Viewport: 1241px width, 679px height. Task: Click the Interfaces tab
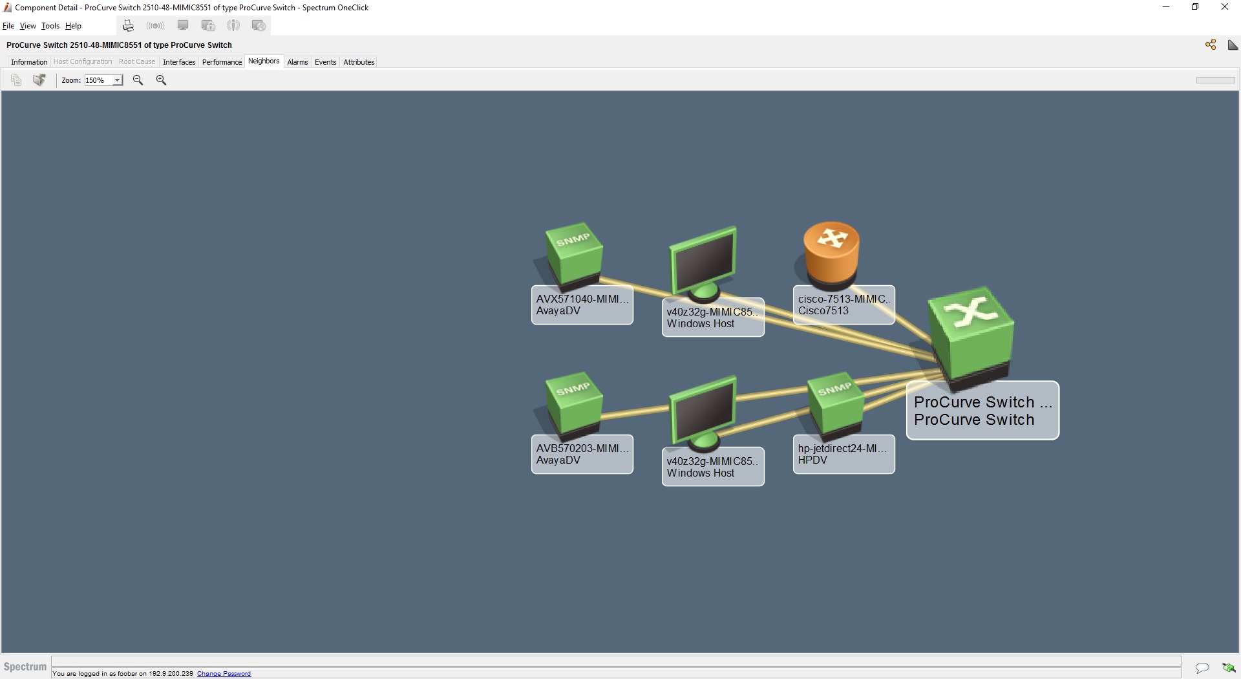[x=179, y=62]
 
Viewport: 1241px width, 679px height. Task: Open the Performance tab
[x=222, y=62]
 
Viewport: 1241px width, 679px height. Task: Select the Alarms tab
[x=297, y=62]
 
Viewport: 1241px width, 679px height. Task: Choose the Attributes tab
[x=359, y=62]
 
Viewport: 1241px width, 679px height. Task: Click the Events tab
[x=325, y=62]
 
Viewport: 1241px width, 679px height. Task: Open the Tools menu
[x=50, y=26]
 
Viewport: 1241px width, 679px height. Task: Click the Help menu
[x=73, y=26]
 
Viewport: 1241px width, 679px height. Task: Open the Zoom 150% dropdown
[x=117, y=80]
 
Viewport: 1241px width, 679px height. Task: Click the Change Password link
[x=224, y=674]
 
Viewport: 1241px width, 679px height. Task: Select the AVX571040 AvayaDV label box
[x=582, y=305]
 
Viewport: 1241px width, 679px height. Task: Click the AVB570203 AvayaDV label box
[x=582, y=454]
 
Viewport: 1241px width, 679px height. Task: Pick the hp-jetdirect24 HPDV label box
[x=843, y=454]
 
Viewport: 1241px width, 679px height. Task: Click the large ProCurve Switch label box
[x=982, y=411]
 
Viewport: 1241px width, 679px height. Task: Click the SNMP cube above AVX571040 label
[x=574, y=255]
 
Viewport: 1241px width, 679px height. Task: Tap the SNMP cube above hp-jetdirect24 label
[x=836, y=405]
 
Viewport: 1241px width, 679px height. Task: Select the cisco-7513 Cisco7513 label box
[x=843, y=305]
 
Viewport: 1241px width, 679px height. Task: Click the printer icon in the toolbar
[x=128, y=26]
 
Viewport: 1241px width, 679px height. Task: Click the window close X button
[x=1224, y=7]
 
